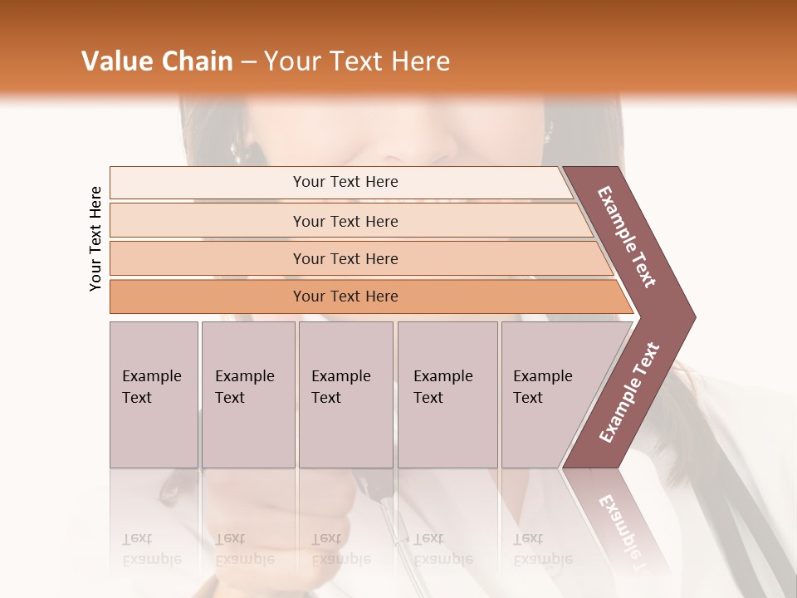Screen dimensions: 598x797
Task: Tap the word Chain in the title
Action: point(195,61)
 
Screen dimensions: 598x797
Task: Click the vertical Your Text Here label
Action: point(95,238)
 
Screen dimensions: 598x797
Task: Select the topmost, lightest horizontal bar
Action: point(345,182)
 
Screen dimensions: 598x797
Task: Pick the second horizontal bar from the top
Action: point(345,221)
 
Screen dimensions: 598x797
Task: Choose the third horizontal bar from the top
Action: point(345,258)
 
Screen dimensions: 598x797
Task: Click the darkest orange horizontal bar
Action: point(345,297)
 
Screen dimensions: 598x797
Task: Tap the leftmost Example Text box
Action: point(154,395)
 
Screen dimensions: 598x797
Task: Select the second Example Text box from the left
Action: point(248,395)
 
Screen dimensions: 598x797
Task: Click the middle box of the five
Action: point(345,395)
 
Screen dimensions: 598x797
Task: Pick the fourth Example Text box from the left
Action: point(447,395)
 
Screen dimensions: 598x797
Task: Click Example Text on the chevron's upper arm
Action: point(627,236)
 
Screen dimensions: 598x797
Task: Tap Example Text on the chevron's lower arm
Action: point(628,393)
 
